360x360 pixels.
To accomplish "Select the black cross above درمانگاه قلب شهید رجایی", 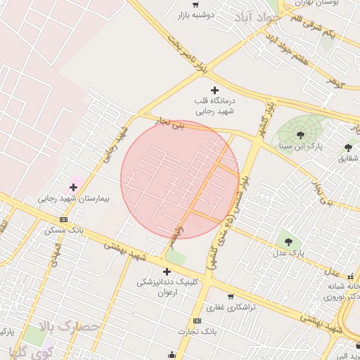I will click(215, 90).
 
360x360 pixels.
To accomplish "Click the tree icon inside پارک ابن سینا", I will click(300, 134).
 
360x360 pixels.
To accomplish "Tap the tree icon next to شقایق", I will click(348, 147).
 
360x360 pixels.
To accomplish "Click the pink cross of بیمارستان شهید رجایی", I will click(74, 187).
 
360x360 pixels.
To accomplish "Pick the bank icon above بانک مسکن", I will click(64, 219).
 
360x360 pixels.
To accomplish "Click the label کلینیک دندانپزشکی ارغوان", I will click(167, 287).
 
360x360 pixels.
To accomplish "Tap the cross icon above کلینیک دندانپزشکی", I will click(167, 271).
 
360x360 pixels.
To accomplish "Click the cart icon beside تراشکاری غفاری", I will click(231, 296).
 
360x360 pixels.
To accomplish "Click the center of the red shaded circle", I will click(180, 179).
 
